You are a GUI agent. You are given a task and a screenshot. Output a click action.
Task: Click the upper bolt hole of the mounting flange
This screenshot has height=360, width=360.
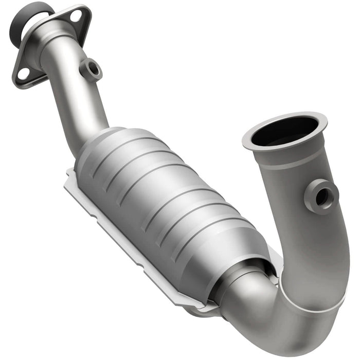click(x=76, y=15)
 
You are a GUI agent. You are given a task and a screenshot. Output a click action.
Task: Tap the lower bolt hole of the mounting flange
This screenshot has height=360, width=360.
click(x=23, y=74)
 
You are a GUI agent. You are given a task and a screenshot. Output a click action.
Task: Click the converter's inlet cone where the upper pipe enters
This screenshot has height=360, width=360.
click(x=95, y=141)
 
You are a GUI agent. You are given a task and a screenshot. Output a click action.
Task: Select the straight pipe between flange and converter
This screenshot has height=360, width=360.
click(x=77, y=103)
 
